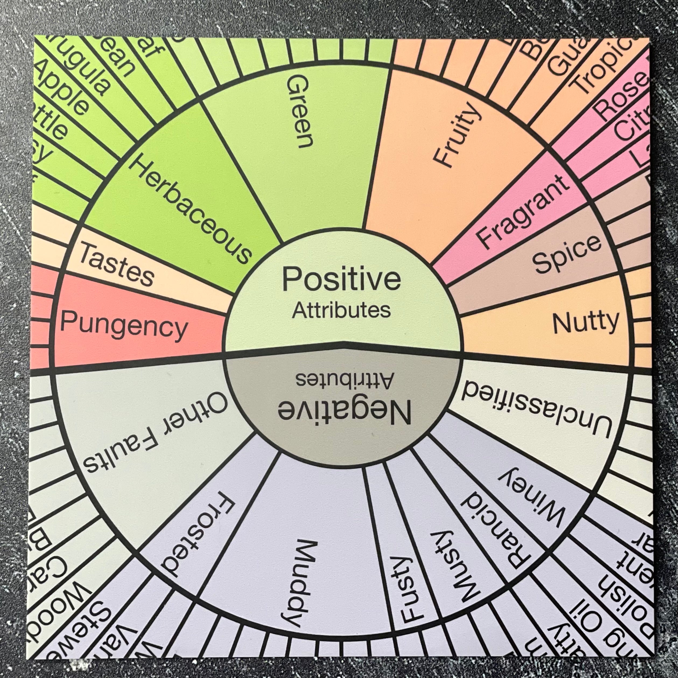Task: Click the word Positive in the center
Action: pyautogui.click(x=341, y=279)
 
